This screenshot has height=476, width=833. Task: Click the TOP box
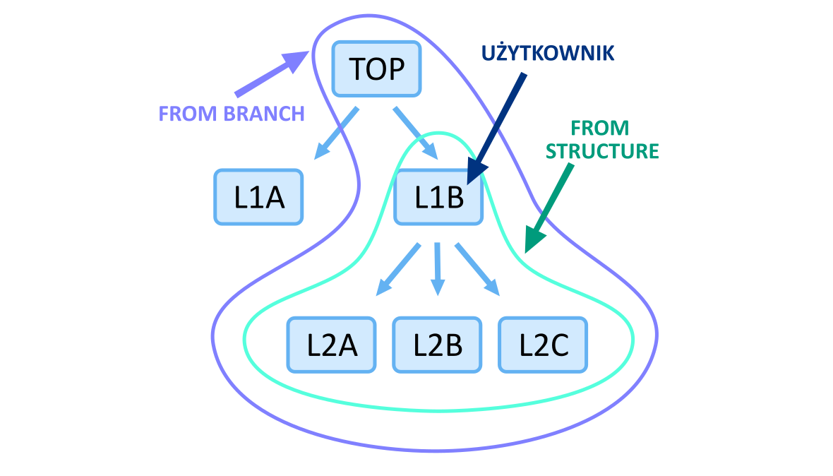376,69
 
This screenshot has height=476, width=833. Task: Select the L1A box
258,197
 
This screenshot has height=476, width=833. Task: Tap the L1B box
438,197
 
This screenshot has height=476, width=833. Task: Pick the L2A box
332,345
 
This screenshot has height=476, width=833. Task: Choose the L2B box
438,345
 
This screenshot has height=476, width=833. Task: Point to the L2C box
543,345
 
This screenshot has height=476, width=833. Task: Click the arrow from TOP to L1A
337,133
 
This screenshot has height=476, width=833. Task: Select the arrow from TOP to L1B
415,132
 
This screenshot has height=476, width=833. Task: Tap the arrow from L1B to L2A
399,269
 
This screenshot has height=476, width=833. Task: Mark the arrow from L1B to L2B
438,268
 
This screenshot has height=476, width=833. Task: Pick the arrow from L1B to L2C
477,269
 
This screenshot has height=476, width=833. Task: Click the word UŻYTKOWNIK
548,54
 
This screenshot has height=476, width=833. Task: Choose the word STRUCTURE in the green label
602,151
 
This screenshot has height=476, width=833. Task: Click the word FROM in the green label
599,129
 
